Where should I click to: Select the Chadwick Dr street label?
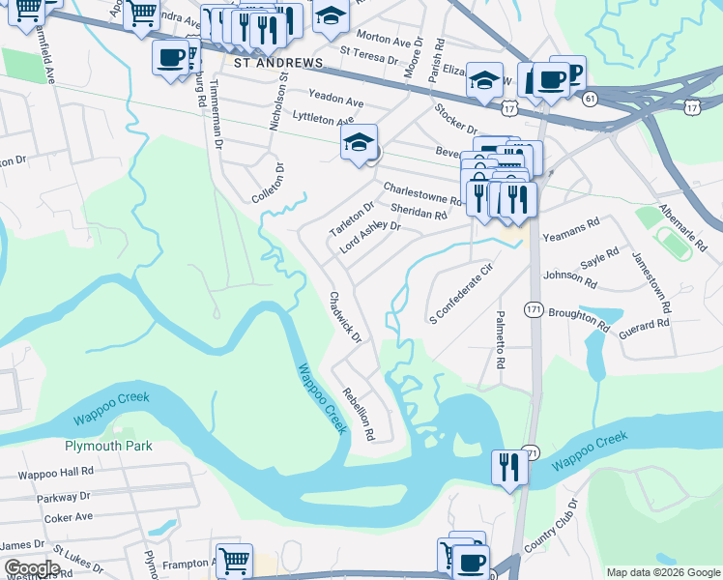(345, 318)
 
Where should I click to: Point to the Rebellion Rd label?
(359, 414)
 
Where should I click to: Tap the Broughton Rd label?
(578, 320)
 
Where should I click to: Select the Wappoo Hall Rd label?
(55, 473)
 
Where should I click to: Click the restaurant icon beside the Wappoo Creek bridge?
(507, 466)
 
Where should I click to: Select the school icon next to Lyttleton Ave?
(359, 142)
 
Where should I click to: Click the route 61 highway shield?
(590, 98)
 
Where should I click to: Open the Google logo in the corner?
(31, 568)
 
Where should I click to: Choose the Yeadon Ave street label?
(335, 101)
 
